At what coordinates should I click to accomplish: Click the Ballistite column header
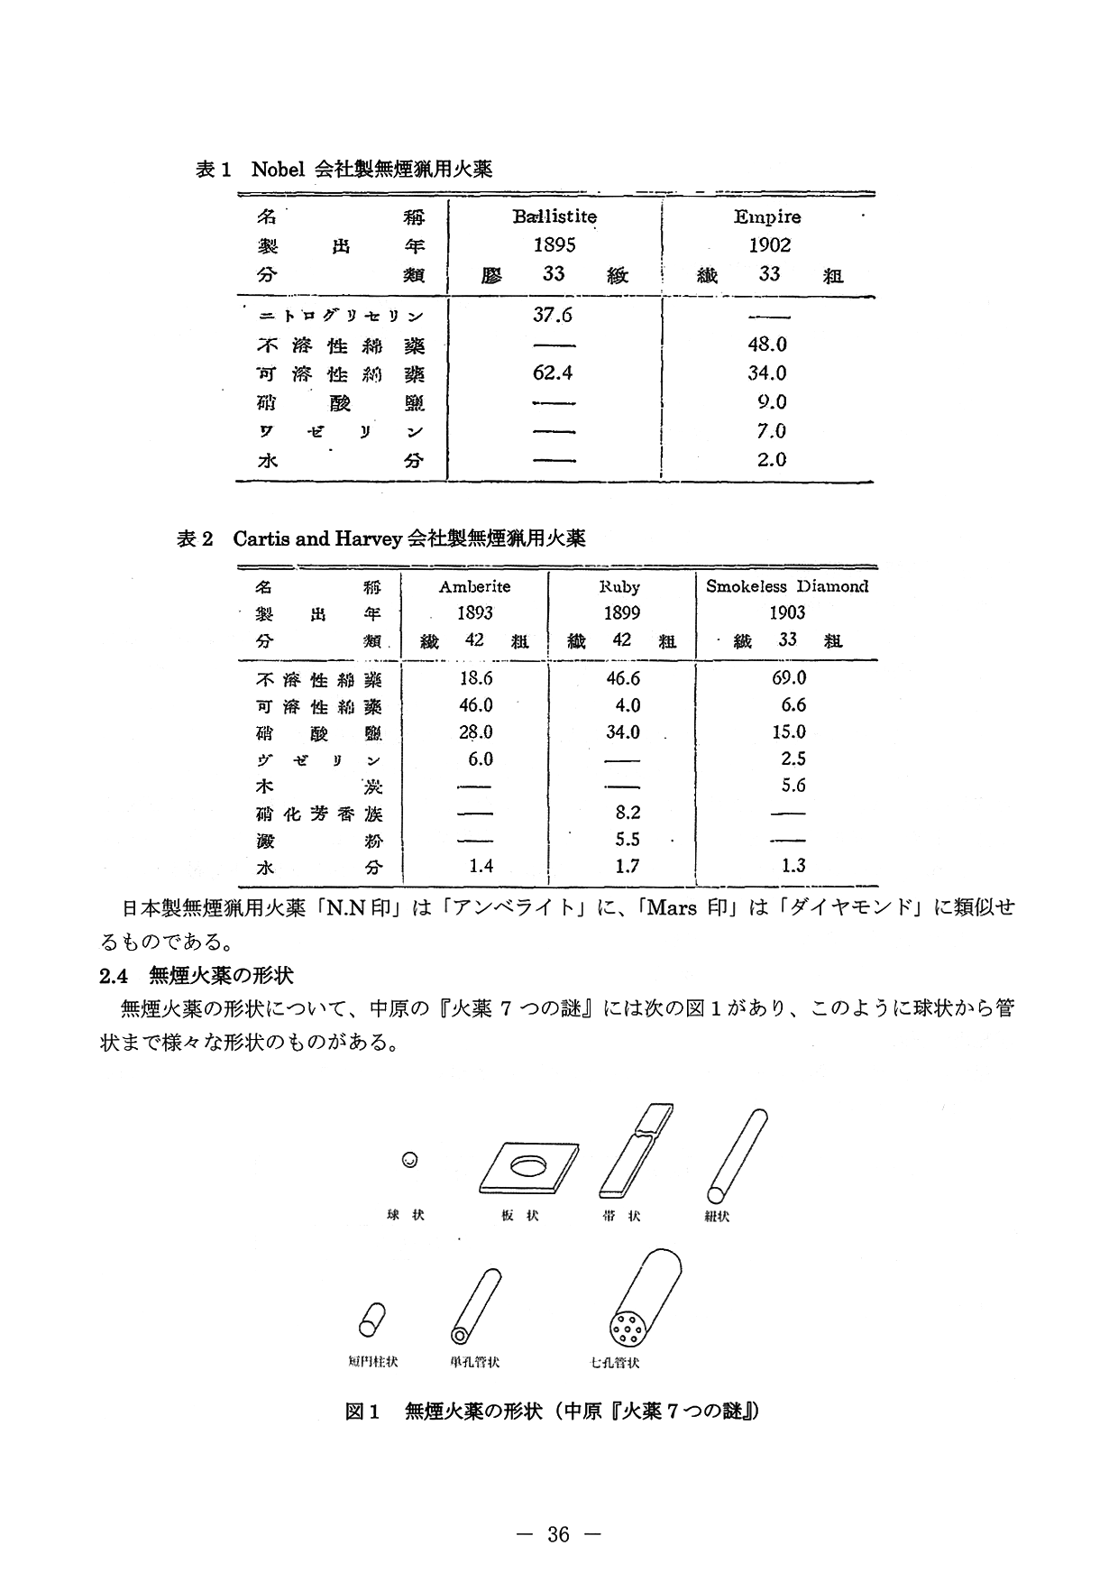coord(554,216)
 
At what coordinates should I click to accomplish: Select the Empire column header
coord(767,216)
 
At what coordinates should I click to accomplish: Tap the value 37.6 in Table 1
coord(554,315)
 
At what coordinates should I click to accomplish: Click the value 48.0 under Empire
coord(768,345)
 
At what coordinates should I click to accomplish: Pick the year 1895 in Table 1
coord(554,245)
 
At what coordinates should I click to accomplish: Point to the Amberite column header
coord(474,586)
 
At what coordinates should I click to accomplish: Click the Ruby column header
coord(620,586)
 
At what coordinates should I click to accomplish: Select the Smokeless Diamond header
coord(786,586)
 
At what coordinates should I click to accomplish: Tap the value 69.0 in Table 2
coord(788,677)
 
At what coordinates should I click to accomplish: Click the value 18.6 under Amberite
coord(475,677)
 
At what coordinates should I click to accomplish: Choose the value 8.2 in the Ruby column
coord(627,813)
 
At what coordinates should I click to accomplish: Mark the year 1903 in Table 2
coord(786,613)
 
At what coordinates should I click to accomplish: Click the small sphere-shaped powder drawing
coord(409,1160)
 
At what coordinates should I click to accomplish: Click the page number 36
coord(558,1535)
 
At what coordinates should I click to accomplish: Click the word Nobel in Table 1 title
coord(278,169)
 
